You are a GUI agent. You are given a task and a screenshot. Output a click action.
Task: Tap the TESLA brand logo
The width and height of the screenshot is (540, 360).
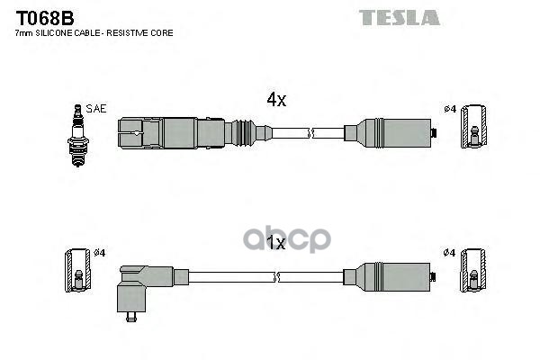coord(400,17)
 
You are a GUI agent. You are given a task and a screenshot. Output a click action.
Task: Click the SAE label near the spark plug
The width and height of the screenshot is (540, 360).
coord(97,109)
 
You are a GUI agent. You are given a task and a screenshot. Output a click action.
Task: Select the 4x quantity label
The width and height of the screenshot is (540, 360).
coord(275,101)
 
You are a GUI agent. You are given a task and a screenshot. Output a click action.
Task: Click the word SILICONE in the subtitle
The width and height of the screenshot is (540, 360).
coord(64,33)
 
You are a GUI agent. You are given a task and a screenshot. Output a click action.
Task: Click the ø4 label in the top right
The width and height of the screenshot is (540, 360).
coord(450,110)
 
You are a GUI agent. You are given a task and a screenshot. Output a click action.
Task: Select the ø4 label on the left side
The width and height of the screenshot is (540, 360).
coord(100,253)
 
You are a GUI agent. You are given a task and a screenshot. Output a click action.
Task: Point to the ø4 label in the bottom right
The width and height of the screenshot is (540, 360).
coord(450,253)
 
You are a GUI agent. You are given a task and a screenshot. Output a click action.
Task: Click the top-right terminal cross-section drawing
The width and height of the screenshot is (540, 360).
coord(473,135)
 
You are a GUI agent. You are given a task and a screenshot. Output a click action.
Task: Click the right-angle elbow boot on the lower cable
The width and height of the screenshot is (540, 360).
coord(139,283)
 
